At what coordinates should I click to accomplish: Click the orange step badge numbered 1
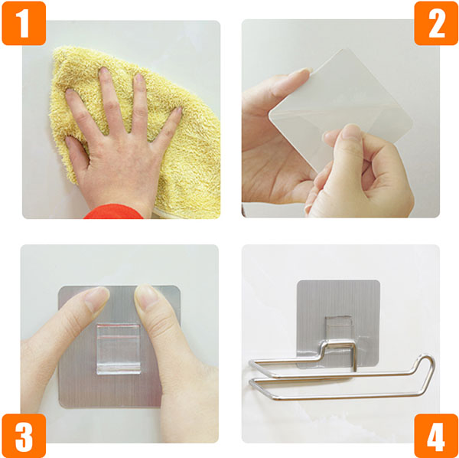coord(24,23)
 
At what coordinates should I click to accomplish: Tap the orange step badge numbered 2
coord(436,23)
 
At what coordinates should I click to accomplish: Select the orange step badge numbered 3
coord(24,436)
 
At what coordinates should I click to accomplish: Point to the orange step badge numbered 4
coord(436,436)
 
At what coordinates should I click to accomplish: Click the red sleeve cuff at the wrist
coord(113,212)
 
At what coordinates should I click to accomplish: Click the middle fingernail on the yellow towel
coord(103,71)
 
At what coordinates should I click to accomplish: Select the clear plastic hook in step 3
coord(119,348)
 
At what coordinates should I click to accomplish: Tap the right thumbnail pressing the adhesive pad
coord(146,296)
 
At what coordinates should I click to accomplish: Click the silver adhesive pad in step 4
coord(338,323)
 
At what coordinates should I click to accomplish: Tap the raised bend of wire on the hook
coord(339,345)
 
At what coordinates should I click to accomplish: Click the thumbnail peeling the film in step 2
coord(351,131)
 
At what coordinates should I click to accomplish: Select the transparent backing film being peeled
coord(340,110)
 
